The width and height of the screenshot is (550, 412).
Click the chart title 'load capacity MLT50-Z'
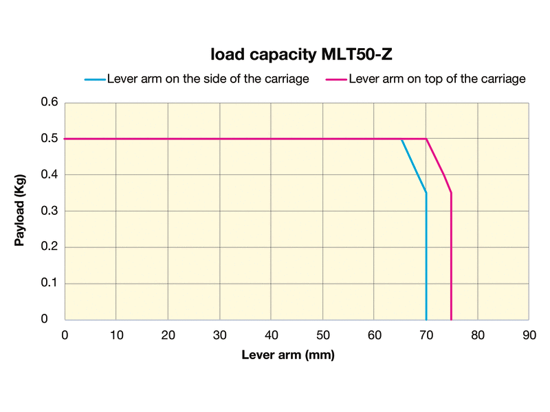coord(302,54)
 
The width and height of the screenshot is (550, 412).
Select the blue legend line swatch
coord(95,79)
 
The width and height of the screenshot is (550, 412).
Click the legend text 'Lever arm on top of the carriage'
coord(437,79)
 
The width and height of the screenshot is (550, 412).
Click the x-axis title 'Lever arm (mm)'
coord(287,356)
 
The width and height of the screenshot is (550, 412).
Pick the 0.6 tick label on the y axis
coord(49,103)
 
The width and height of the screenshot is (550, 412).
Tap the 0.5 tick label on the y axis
coord(49,139)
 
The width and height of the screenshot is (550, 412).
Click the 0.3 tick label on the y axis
coord(49,211)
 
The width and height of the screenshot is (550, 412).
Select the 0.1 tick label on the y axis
coord(49,283)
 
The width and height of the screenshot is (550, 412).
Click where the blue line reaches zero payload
coord(426,319)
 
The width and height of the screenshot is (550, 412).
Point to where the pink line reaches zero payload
coord(451,319)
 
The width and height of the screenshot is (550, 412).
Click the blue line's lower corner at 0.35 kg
coord(426,193)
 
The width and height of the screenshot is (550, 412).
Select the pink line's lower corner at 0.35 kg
coord(451,193)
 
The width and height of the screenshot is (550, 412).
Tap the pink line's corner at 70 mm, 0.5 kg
coord(426,139)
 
